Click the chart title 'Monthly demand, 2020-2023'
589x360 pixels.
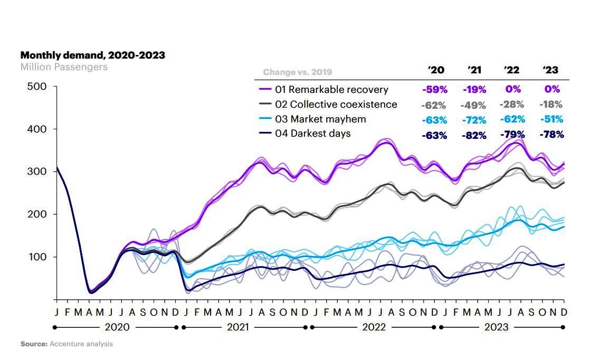click(92, 55)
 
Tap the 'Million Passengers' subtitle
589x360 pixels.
click(63, 67)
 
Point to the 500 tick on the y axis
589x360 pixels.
click(37, 87)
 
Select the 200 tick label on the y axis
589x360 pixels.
click(37, 214)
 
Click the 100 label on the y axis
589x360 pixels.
click(37, 257)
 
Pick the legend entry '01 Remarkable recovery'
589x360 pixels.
click(331, 90)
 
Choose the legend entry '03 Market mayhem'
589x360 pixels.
click(320, 119)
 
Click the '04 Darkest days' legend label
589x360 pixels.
click(312, 134)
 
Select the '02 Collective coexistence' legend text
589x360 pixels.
click(336, 105)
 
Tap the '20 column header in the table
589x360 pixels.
click(435, 70)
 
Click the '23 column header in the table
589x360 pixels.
click(550, 70)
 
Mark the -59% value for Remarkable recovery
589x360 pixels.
click(434, 90)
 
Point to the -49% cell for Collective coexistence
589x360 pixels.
click(473, 105)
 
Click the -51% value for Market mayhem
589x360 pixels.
click(551, 120)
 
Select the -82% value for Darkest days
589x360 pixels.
click(473, 135)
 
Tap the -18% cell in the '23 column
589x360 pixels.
click(551, 105)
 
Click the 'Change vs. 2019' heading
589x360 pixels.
click(298, 72)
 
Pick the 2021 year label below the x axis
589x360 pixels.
click(238, 327)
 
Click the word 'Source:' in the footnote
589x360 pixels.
click(34, 344)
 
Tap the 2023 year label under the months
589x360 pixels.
click(496, 327)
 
